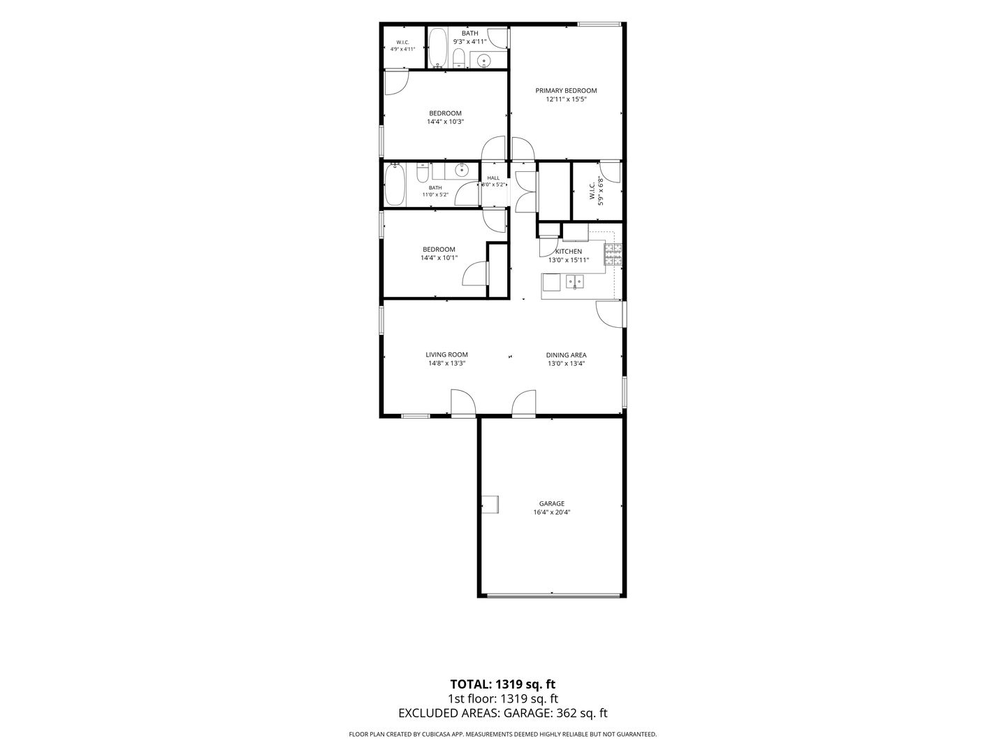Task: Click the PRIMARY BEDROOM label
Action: tap(566, 91)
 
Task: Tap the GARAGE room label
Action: tap(551, 504)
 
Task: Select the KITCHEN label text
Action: tap(568, 252)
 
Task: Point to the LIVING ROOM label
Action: tap(446, 355)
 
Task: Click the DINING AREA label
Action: tap(566, 355)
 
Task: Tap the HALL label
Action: tap(493, 178)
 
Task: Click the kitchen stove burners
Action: tap(613, 255)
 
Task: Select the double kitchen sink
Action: tap(574, 282)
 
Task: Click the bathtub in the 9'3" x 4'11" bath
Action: tap(439, 48)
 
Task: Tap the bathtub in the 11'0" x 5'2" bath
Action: tap(395, 185)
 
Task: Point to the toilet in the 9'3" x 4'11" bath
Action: tap(459, 58)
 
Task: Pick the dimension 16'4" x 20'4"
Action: tap(551, 512)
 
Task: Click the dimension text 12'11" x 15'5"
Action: tap(566, 99)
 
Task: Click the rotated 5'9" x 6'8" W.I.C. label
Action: tap(595, 191)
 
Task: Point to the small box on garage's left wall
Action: tap(490, 505)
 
